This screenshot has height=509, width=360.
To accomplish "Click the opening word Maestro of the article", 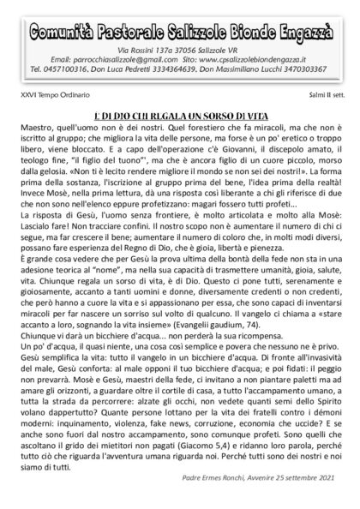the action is click(x=39, y=123).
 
